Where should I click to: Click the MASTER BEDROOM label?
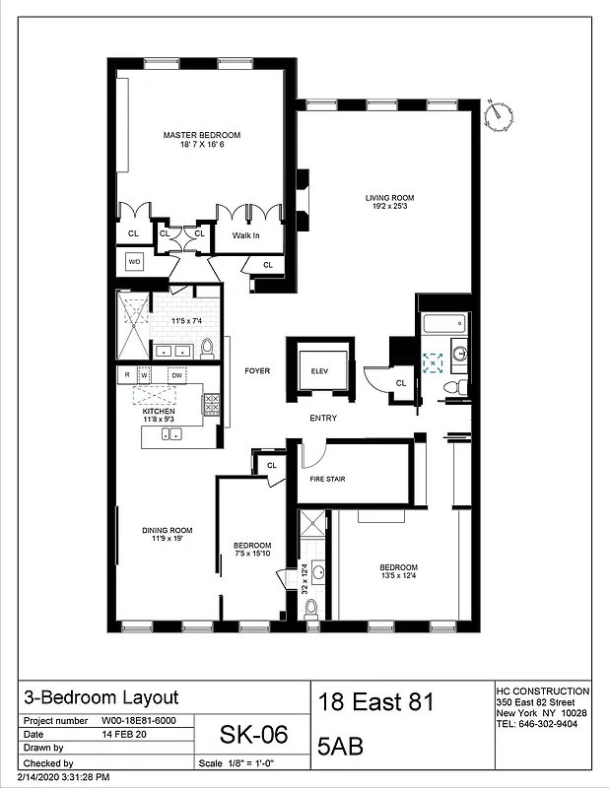pyautogui.click(x=203, y=135)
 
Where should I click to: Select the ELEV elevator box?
pyautogui.click(x=318, y=369)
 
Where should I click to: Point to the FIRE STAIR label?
pyautogui.click(x=328, y=480)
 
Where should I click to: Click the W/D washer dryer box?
pyautogui.click(x=134, y=262)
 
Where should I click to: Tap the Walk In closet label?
pyautogui.click(x=245, y=235)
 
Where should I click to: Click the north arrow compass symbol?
pyautogui.click(x=500, y=114)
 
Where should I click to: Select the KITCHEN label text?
pyautogui.click(x=159, y=412)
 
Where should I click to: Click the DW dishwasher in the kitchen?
pyautogui.click(x=176, y=375)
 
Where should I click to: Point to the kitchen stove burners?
pyautogui.click(x=211, y=404)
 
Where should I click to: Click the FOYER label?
pyautogui.click(x=257, y=370)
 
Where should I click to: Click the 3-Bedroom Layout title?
pyautogui.click(x=101, y=697)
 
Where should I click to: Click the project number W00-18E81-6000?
pyautogui.click(x=136, y=720)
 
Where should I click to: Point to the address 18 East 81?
pyautogui.click(x=375, y=703)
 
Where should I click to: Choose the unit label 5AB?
pyautogui.click(x=341, y=748)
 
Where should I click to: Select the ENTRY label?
pyautogui.click(x=323, y=419)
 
